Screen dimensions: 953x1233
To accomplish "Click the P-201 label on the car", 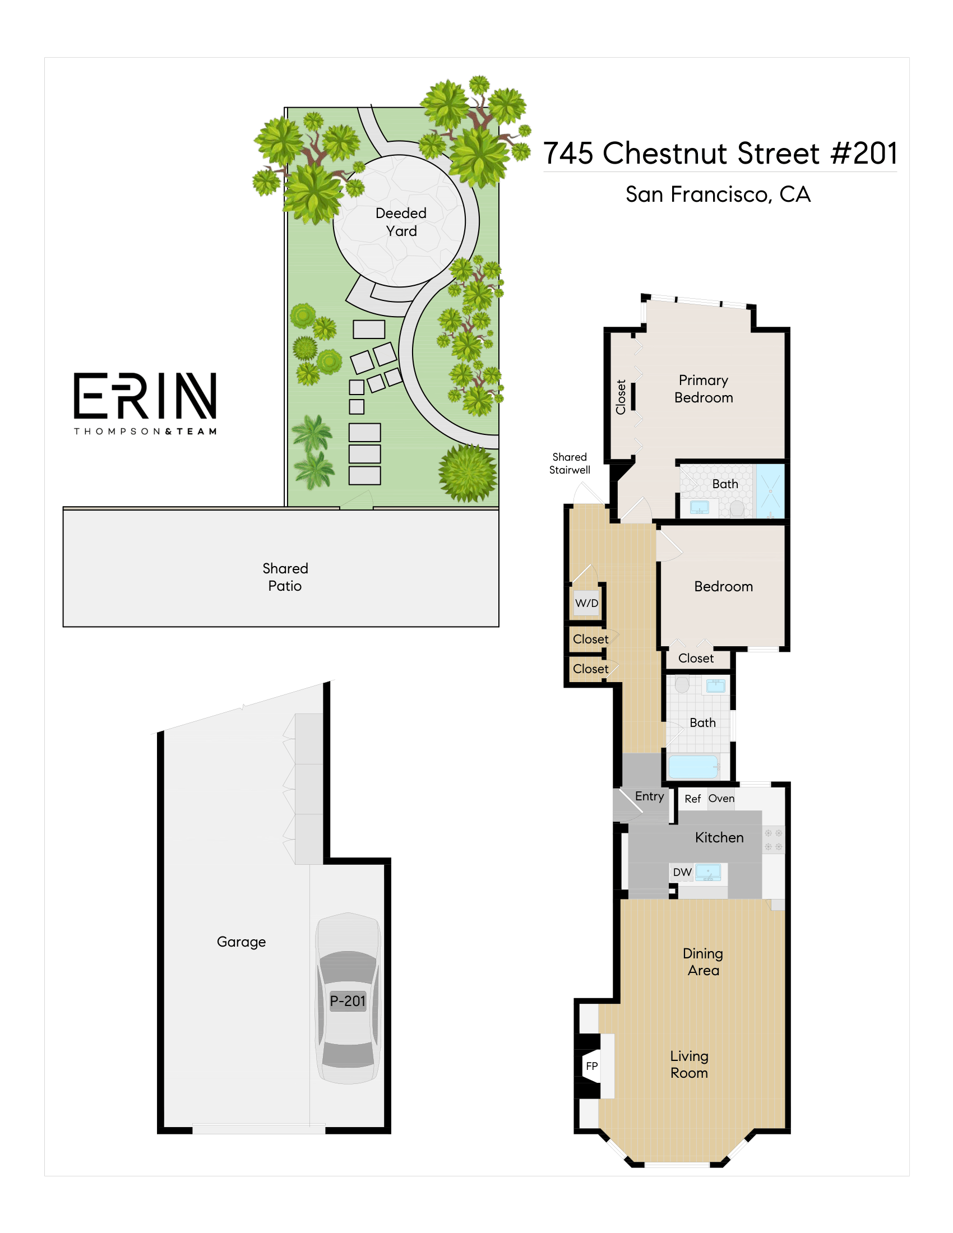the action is pos(348,1001).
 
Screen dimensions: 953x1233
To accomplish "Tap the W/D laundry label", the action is pos(586,603).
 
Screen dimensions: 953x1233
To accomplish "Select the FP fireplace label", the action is pos(591,1066).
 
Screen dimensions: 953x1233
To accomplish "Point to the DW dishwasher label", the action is pos(682,872).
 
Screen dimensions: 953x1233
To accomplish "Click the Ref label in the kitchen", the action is pos(693,799).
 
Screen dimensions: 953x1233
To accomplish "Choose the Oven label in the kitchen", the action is pos(721,798).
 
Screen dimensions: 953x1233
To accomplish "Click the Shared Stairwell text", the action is pos(570,463).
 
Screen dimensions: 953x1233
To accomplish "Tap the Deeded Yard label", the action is pos(401,222).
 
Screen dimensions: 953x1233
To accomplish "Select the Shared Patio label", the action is pos(285,577).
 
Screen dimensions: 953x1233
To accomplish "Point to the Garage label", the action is pos(241,942).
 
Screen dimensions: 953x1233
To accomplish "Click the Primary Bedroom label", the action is pos(704,389).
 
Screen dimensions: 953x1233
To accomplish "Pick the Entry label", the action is pos(649,796).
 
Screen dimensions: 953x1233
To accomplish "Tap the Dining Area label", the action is pos(703,962).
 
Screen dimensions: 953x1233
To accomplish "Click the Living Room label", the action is pos(690,1064).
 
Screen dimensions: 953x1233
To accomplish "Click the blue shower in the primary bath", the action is pos(770,491).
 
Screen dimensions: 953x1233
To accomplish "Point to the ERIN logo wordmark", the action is pos(145,395).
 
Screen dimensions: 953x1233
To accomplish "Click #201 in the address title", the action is pos(864,153).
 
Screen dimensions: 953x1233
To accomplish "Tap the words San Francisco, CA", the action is pos(718,194).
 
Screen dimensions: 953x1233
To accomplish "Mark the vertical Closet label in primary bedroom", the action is pos(621,397).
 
